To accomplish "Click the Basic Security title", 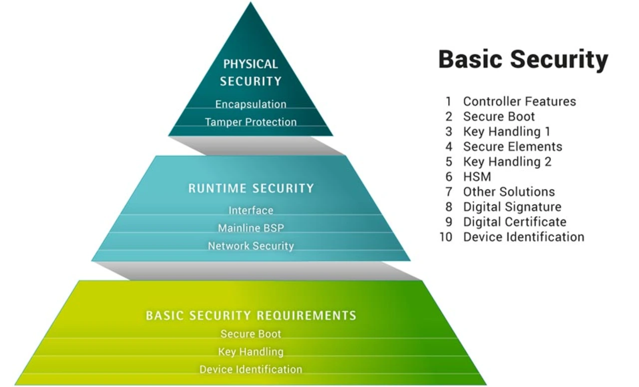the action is [523, 60].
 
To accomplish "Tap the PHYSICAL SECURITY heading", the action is [251, 72].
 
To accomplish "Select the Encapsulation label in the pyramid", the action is [251, 104].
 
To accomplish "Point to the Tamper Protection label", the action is [251, 122].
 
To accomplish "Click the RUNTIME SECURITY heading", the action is [251, 188].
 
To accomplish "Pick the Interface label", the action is [251, 210].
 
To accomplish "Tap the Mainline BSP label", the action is [251, 228].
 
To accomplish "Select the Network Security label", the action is [251, 246].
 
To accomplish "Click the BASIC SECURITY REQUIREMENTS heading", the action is [251, 315].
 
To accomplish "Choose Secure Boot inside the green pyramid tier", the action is [251, 334].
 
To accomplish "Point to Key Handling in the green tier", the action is [251, 352].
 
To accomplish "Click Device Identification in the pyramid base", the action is [251, 369].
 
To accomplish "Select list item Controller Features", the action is [520, 101].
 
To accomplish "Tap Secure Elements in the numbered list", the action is [513, 146].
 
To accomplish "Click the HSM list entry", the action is [477, 176].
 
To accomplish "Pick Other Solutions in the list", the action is [509, 192].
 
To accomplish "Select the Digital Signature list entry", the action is [512, 207].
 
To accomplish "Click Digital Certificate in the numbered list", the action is [515, 222].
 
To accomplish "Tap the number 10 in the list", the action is [446, 237].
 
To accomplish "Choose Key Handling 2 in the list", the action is [507, 162].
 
